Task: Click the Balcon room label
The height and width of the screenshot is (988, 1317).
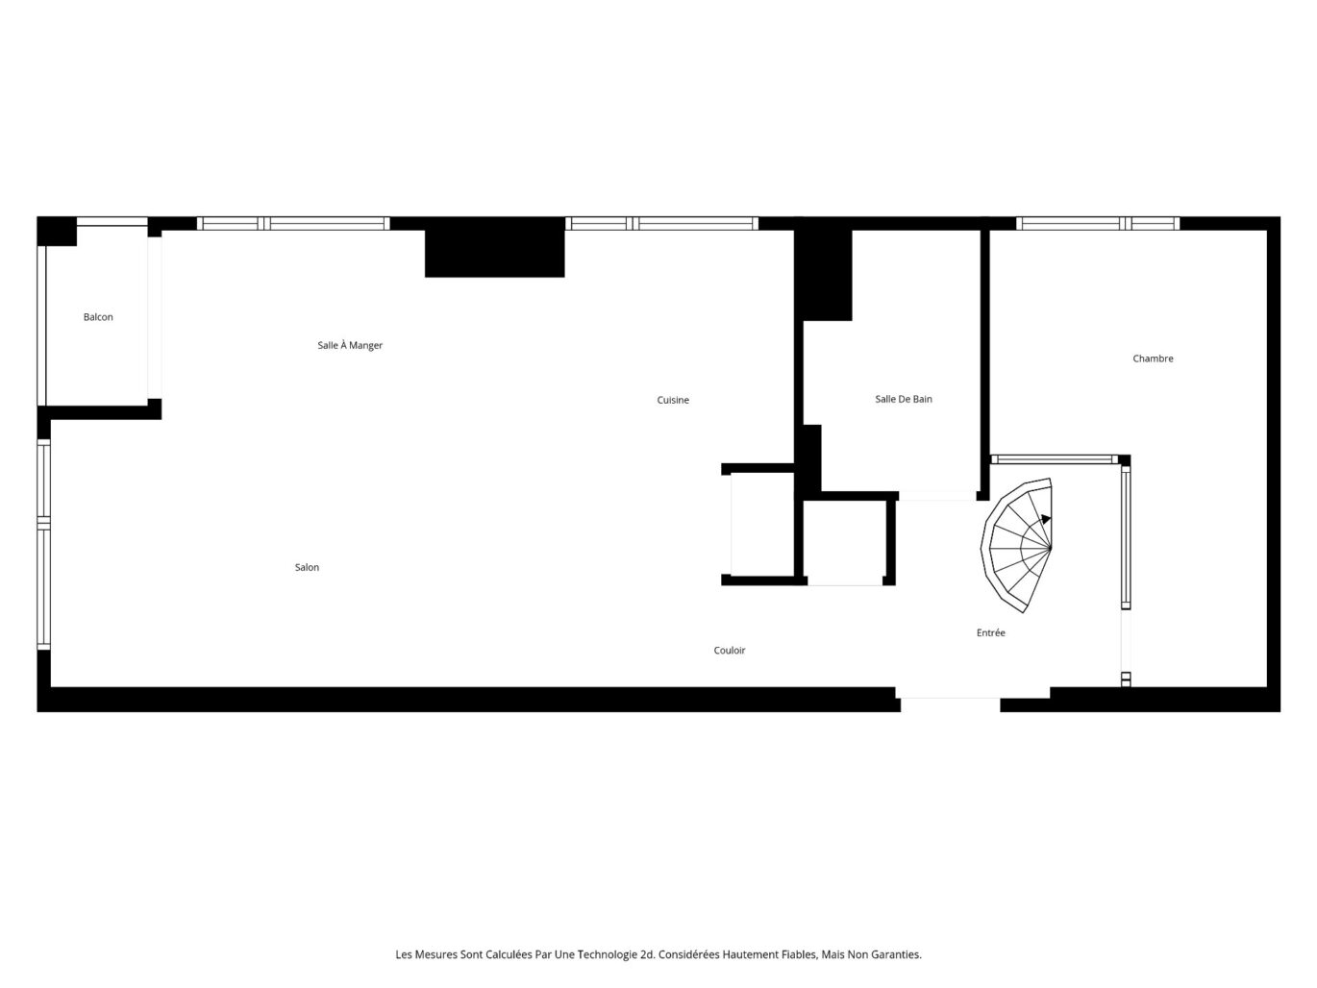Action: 98,317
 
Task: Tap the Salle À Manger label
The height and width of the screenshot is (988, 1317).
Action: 350,346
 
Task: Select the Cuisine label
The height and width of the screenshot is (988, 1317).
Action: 673,401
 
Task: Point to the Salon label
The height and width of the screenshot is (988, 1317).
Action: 307,568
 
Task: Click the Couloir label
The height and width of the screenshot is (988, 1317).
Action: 730,651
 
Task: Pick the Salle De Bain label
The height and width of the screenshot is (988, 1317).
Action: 904,400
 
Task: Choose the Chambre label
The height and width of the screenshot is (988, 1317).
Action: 1153,359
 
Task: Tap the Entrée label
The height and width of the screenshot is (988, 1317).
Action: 991,633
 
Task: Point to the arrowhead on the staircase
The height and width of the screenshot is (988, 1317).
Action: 1046,519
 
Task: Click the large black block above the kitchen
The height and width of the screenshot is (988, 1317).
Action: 494,248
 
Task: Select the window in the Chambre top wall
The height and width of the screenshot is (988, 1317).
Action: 1098,224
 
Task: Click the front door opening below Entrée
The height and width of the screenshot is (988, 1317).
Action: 950,698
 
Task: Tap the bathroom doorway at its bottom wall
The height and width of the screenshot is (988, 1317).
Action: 937,496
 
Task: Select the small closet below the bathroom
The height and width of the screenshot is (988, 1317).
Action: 844,542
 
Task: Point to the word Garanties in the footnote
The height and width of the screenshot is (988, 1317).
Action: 896,955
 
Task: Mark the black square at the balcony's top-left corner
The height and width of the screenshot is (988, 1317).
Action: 57,232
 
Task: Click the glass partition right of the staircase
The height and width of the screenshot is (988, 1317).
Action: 1126,534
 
